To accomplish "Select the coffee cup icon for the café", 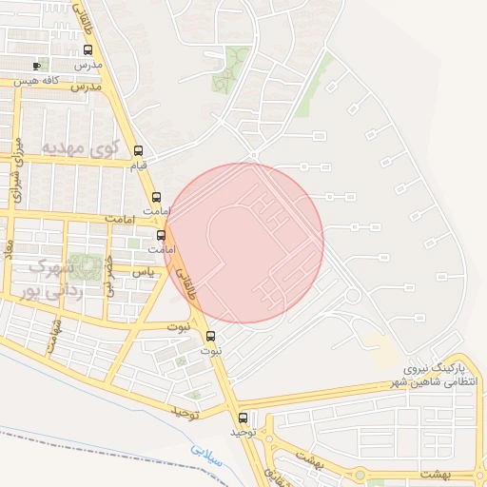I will [x=37, y=66].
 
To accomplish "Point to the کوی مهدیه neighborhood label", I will [x=80, y=149].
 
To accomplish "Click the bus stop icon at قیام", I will [x=139, y=150].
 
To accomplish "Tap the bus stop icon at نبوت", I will [x=210, y=335].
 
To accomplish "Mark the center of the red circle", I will [x=244, y=243].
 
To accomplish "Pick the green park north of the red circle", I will [x=229, y=68].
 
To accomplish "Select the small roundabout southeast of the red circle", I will [x=353, y=296].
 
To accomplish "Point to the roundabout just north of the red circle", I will [x=253, y=155].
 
